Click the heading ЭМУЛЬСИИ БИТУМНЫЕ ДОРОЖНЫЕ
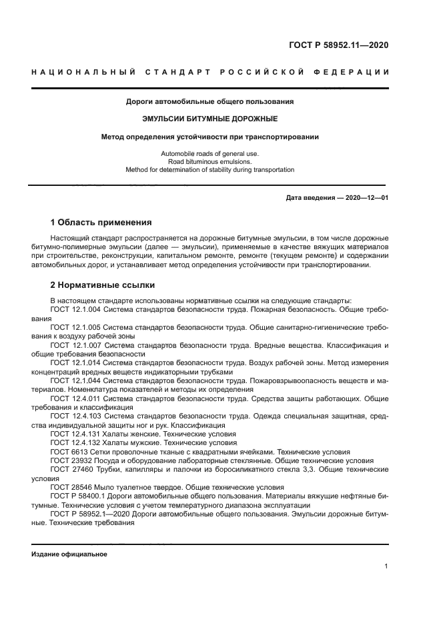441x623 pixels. [209, 119]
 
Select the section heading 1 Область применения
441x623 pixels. [101, 222]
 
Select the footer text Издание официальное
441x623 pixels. [69, 554]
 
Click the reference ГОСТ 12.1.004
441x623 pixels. [75, 310]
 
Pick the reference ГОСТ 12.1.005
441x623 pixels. [75, 328]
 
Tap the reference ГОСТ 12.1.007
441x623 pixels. [75, 345]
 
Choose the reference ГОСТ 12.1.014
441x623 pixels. [75, 362]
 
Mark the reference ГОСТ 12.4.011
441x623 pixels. [75, 398]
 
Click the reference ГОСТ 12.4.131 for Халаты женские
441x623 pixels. [75, 433]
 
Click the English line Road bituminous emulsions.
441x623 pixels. [209, 161]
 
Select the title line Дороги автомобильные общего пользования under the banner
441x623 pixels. [209, 102]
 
